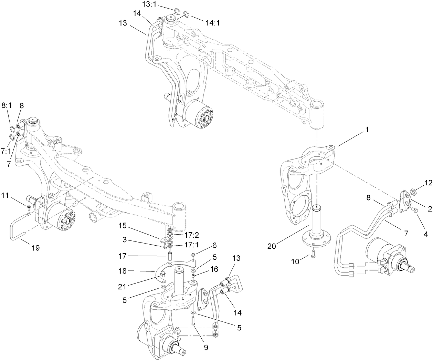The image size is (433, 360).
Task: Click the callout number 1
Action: pyautogui.click(x=367, y=130)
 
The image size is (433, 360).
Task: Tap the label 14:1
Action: pyautogui.click(x=212, y=23)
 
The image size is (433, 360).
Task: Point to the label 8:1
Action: pyautogui.click(x=7, y=106)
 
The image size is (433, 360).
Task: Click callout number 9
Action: pyautogui.click(x=205, y=348)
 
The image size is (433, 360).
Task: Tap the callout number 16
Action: pyautogui.click(x=214, y=269)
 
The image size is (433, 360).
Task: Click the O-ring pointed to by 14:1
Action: pyautogui.click(x=186, y=14)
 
